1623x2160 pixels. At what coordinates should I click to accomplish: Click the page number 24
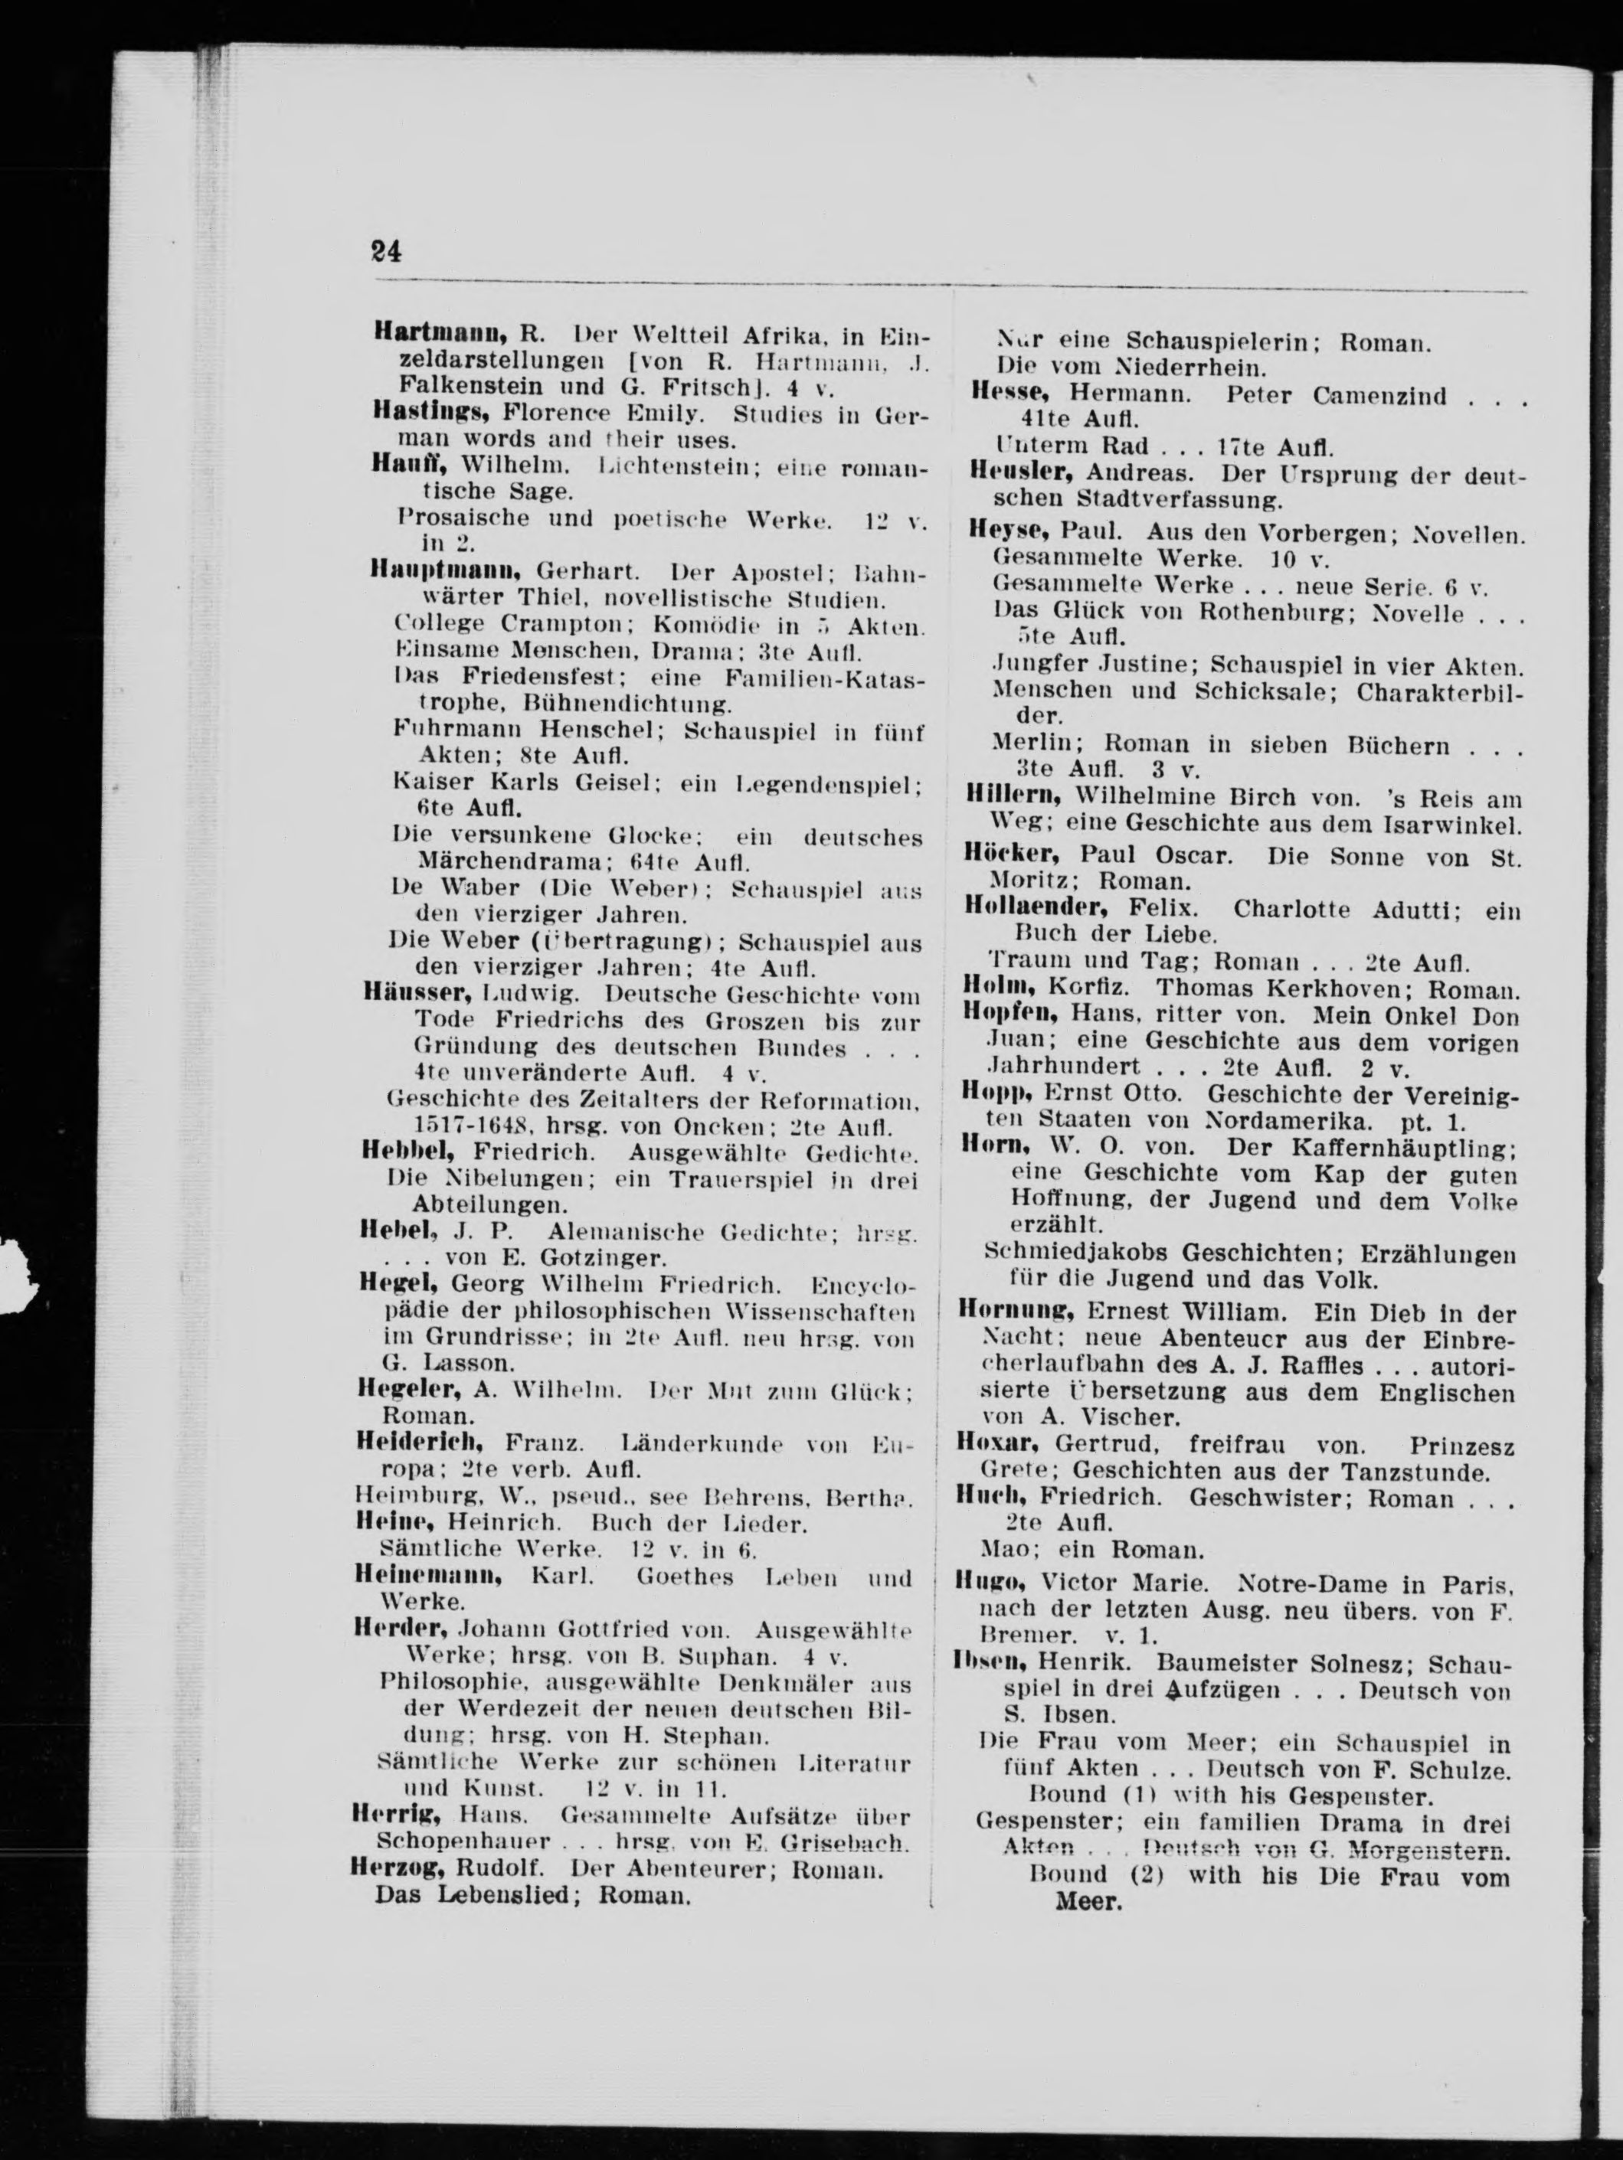pyautogui.click(x=386, y=252)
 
